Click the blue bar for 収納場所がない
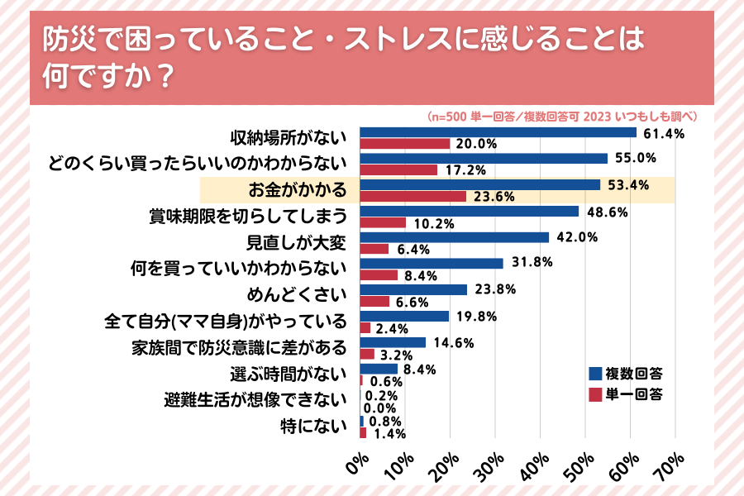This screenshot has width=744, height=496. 498,131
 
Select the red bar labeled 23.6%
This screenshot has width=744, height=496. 413,196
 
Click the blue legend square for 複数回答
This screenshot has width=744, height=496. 594,373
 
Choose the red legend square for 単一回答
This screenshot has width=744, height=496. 594,393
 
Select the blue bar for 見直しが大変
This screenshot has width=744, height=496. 455,237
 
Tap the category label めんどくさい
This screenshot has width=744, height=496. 296,295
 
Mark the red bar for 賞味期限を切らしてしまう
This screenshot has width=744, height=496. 383,222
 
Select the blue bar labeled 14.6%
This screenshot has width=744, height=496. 393,342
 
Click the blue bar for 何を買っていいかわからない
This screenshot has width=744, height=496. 432,264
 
